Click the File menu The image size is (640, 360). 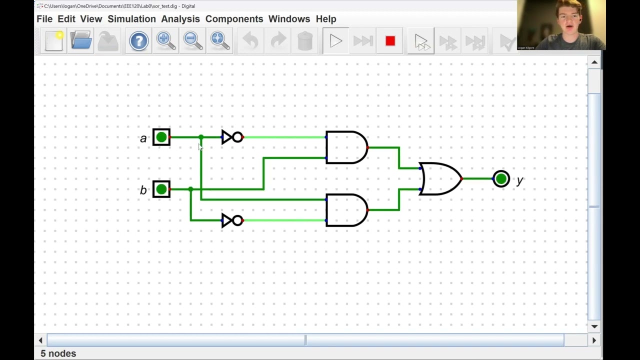[x=44, y=19]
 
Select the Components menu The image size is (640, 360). [x=234, y=19]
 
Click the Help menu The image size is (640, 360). [x=326, y=19]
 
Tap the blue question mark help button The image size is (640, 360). [x=139, y=40]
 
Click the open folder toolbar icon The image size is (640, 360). [x=81, y=40]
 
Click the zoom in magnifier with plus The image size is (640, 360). [x=165, y=40]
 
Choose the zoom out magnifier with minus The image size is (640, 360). [x=193, y=40]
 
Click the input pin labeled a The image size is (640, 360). [x=161, y=137]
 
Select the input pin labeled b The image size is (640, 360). [x=161, y=189]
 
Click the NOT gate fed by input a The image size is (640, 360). [x=232, y=137]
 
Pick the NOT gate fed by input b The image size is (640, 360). [x=232, y=220]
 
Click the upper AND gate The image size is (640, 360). [x=345, y=147]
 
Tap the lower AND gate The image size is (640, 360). [x=345, y=210]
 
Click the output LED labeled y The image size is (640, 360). [x=501, y=179]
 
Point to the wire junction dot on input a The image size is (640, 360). [x=201, y=137]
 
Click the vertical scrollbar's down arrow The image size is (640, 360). [x=594, y=326]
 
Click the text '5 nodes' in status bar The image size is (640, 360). [x=58, y=353]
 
